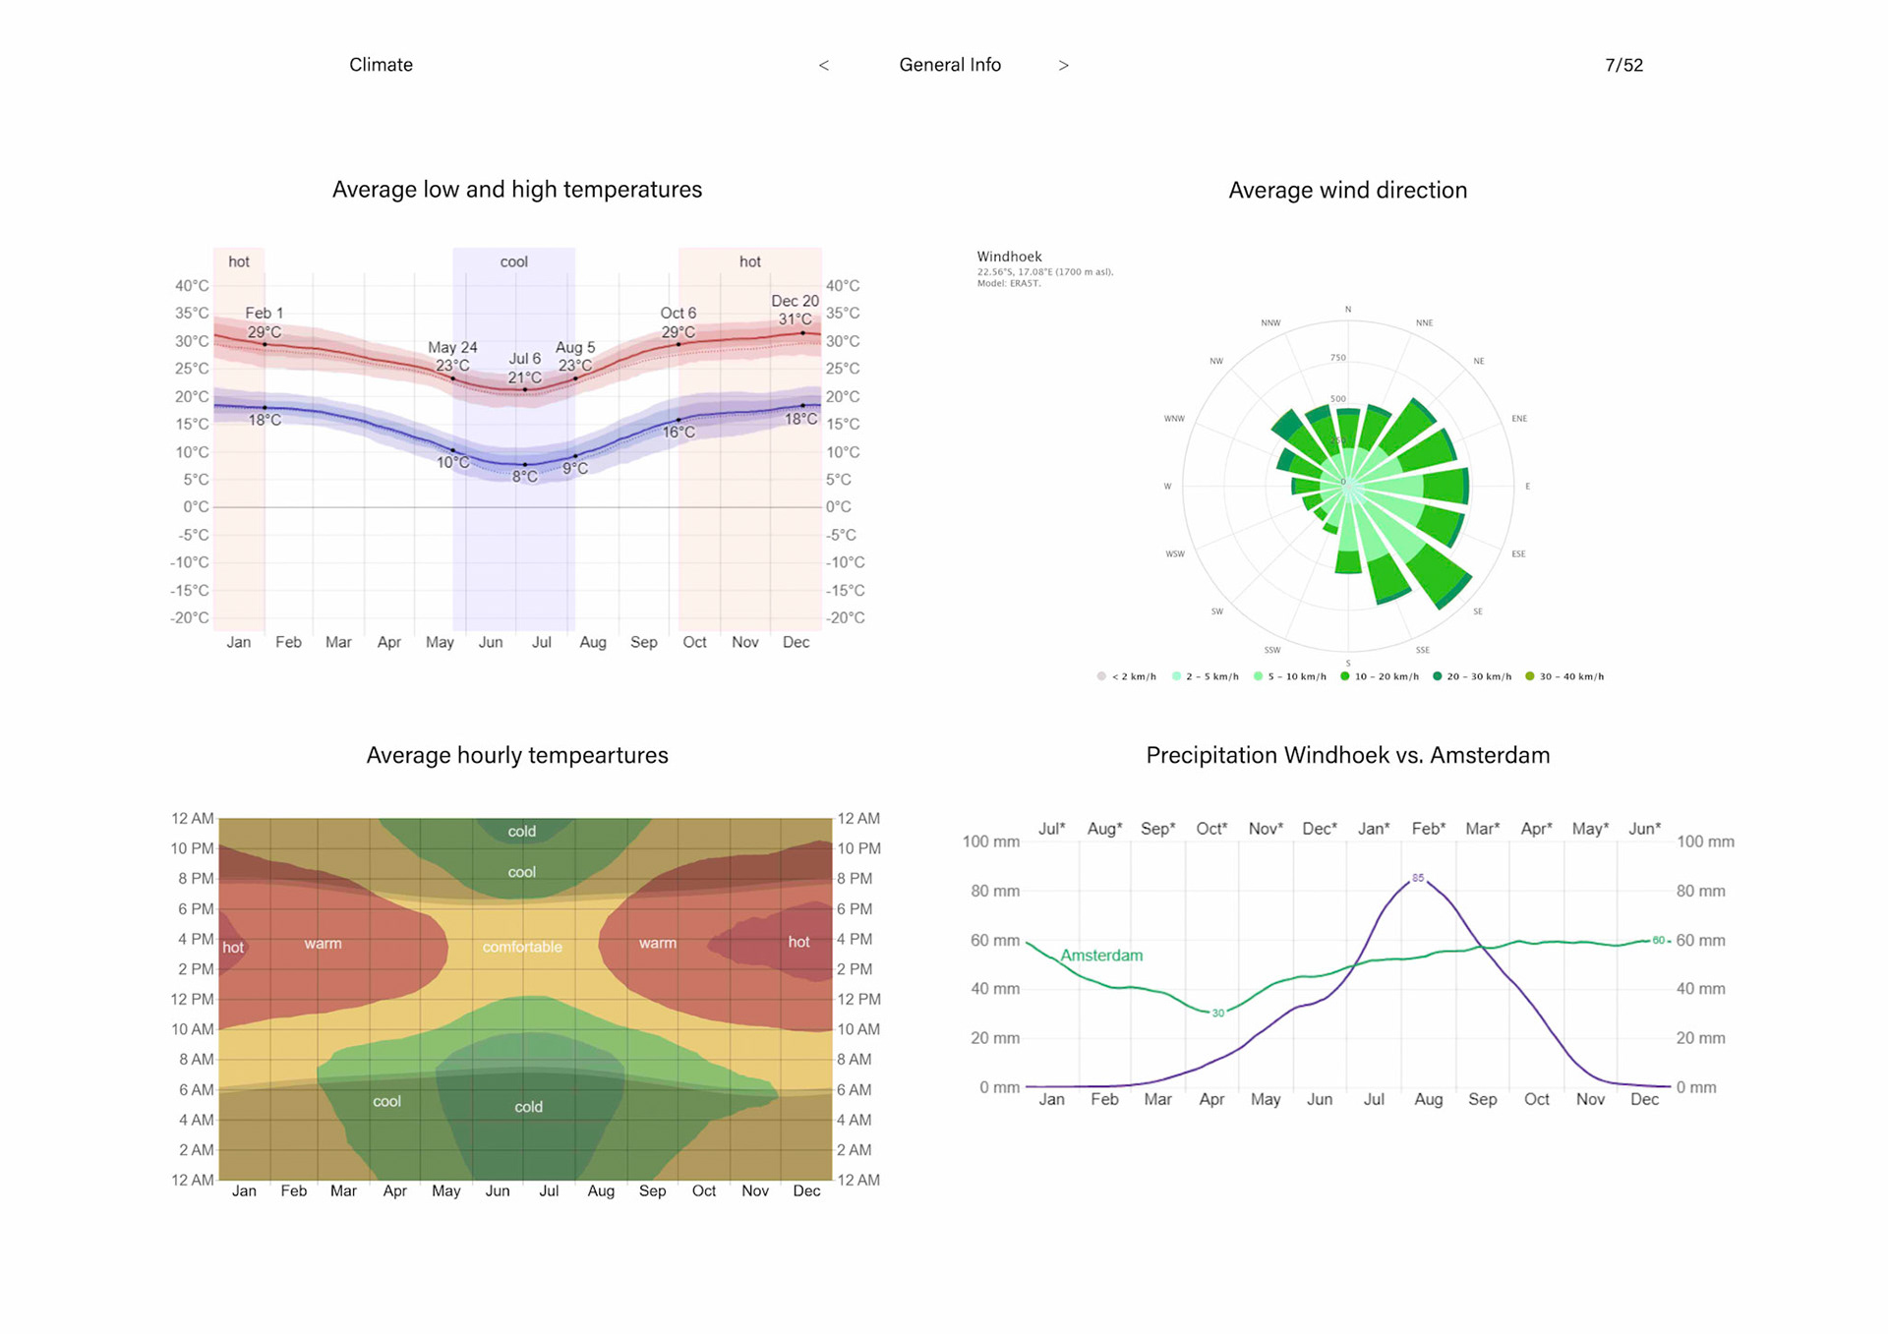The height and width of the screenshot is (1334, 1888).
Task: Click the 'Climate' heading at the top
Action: click(381, 65)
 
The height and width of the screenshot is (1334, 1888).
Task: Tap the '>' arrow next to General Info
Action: click(1063, 66)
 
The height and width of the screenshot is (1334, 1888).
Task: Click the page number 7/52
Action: click(1623, 65)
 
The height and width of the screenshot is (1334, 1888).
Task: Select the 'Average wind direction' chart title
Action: click(1347, 190)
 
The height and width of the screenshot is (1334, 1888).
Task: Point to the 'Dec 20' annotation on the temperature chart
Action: click(795, 301)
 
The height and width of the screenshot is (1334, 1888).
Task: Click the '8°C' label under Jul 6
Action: click(526, 477)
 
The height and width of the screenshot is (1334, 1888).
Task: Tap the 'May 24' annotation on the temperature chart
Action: click(452, 347)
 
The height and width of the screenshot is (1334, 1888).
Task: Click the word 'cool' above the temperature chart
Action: click(513, 261)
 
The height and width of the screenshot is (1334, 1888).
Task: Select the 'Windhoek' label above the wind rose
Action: click(1009, 257)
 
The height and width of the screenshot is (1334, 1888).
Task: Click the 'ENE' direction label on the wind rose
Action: click(1519, 419)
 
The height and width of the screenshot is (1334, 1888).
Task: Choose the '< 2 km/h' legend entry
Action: click(1127, 676)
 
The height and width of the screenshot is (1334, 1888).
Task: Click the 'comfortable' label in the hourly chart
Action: click(522, 947)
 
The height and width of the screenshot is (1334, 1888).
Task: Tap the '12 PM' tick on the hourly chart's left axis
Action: click(192, 999)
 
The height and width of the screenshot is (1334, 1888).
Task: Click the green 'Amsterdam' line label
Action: click(1101, 956)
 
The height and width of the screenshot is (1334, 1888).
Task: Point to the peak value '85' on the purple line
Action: click(1418, 878)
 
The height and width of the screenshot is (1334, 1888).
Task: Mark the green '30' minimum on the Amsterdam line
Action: click(1218, 1013)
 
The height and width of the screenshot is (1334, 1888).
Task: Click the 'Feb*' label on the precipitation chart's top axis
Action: click(1428, 829)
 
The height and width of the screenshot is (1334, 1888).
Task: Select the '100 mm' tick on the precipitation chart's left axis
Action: click(991, 841)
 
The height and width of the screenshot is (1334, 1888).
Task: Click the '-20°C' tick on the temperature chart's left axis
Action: click(190, 617)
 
